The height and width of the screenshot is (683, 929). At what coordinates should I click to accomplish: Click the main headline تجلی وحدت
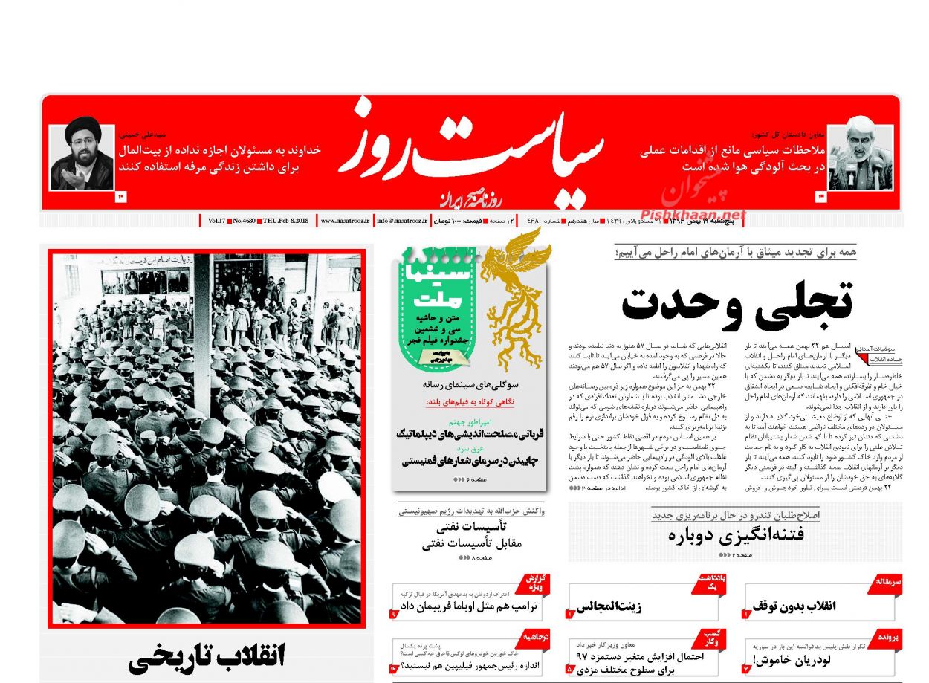[x=736, y=301]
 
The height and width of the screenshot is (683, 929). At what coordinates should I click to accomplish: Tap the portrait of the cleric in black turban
[x=82, y=157]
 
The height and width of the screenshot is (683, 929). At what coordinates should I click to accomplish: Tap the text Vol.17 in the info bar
[x=216, y=221]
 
